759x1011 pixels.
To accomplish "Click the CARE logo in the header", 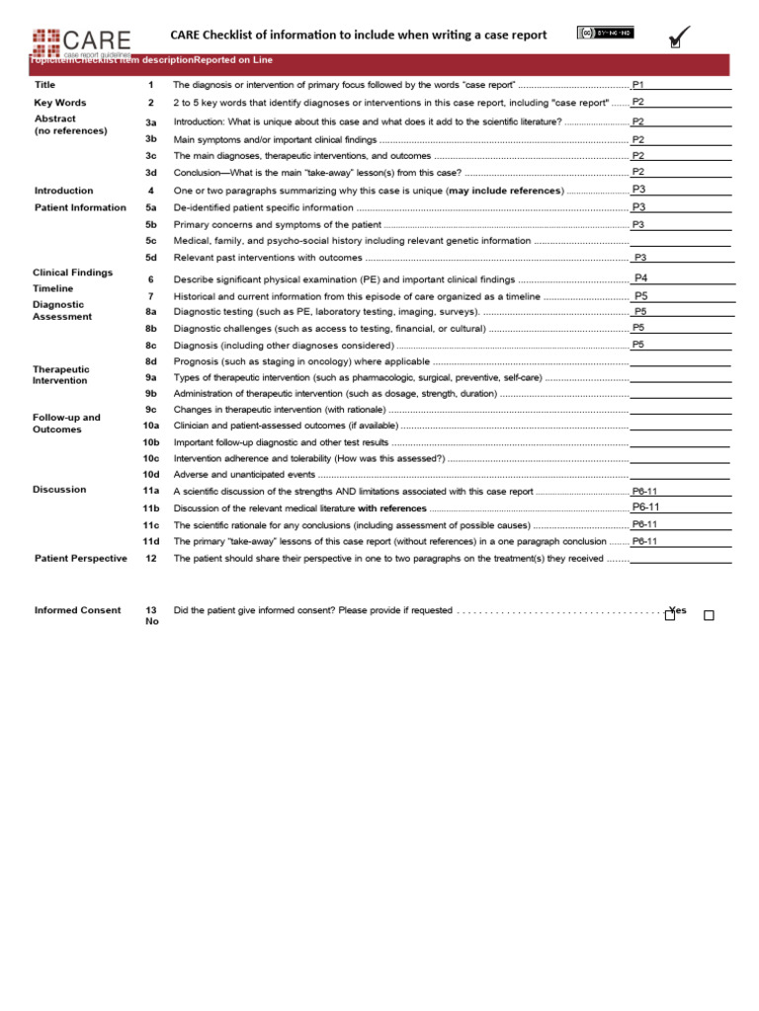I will pyautogui.click(x=81, y=40).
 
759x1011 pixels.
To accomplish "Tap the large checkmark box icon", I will pyautogui.click(x=679, y=38).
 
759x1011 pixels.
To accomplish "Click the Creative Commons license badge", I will pyautogui.click(x=605, y=33).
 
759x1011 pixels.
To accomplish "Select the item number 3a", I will pyautogui.click(x=151, y=122).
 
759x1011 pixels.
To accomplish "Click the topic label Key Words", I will pyautogui.click(x=60, y=103).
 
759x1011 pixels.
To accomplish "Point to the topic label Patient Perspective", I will pyautogui.click(x=80, y=558).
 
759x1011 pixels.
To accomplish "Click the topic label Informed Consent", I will pyautogui.click(x=77, y=610).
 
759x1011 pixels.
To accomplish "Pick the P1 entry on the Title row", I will pyautogui.click(x=638, y=85).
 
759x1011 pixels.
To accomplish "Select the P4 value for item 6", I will pyautogui.click(x=640, y=278).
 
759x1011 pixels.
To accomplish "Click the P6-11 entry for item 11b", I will pyautogui.click(x=645, y=507).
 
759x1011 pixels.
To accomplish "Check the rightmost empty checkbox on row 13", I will pyautogui.click(x=709, y=616).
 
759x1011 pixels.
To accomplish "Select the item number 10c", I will pyautogui.click(x=150, y=458).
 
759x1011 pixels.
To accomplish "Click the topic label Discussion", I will pyautogui.click(x=59, y=490).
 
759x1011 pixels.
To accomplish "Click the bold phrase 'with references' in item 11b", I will pyautogui.click(x=391, y=508).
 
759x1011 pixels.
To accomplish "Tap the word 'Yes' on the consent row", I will pyautogui.click(x=678, y=609).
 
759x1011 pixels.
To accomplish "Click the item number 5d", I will pyautogui.click(x=151, y=257).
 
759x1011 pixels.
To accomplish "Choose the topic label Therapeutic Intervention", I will pyautogui.click(x=60, y=374).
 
